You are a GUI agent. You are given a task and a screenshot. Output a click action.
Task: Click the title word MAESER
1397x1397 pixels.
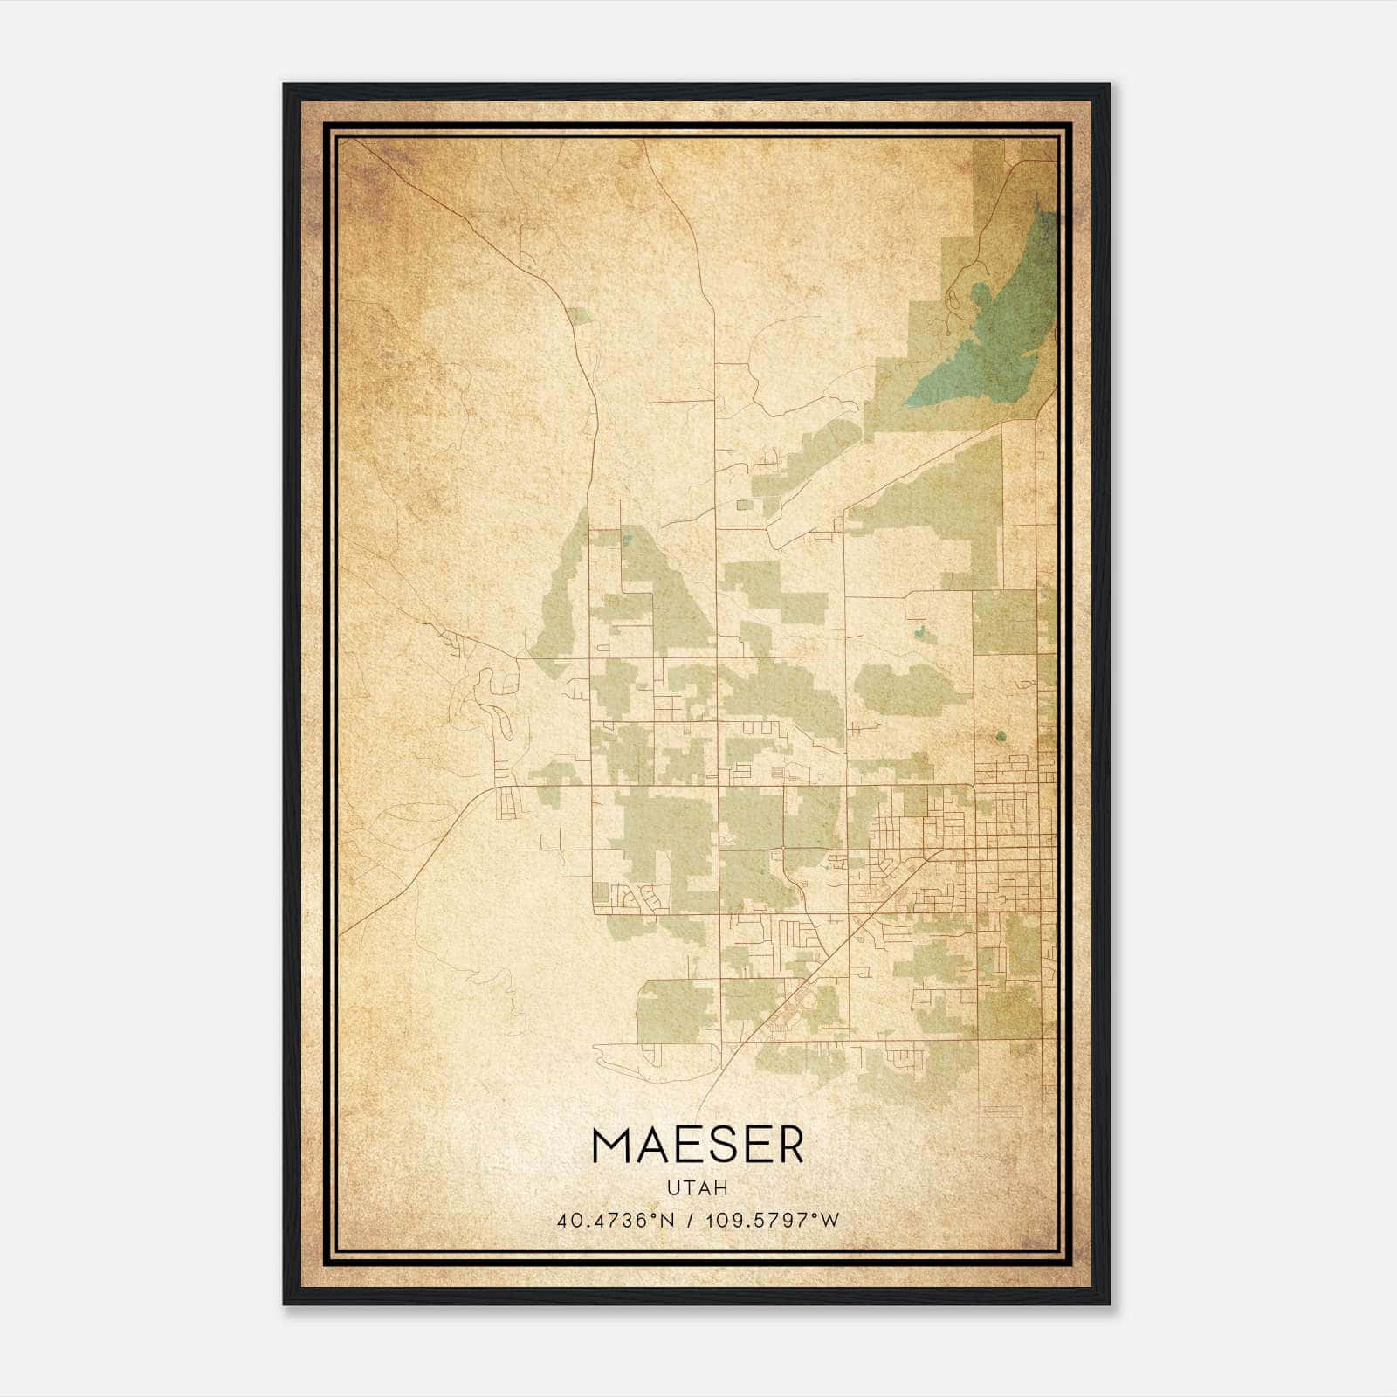tap(698, 1146)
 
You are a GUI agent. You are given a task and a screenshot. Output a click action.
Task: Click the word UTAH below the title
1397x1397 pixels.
tap(698, 1187)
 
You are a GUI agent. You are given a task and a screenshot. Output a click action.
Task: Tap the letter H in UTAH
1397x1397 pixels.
tap(720, 1187)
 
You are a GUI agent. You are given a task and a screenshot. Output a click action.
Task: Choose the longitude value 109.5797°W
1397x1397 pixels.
tap(772, 1220)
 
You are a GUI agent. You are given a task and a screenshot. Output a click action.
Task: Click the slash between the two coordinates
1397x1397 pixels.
tap(691, 1220)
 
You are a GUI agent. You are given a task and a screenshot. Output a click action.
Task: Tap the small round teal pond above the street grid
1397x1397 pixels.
tap(1001, 736)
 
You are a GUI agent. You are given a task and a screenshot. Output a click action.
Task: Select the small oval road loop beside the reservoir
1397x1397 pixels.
tap(957, 302)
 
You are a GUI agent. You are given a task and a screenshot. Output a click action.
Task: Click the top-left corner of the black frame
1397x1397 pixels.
tap(285, 86)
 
